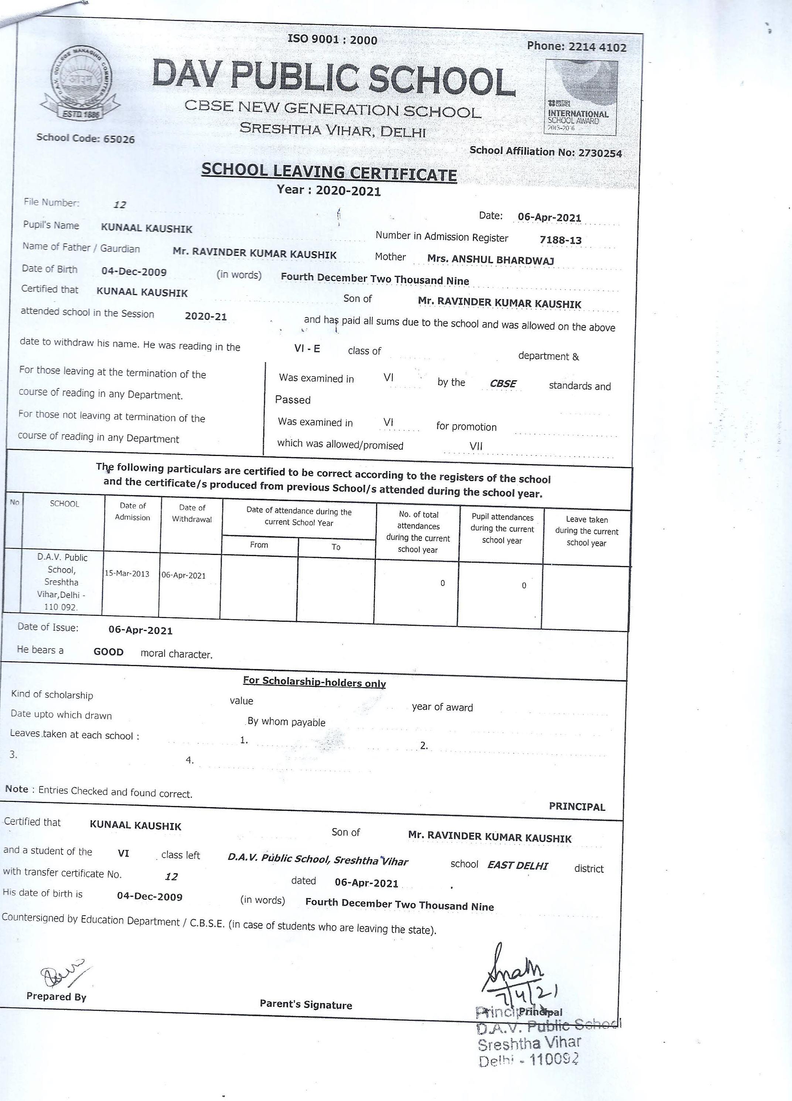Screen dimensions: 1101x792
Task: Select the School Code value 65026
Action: click(x=119, y=139)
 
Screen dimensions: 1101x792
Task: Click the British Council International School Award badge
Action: click(x=581, y=97)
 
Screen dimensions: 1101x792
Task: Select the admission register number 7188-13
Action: click(x=560, y=240)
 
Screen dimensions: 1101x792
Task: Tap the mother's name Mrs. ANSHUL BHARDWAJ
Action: click(x=491, y=259)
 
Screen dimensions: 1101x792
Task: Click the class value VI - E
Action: click(x=307, y=349)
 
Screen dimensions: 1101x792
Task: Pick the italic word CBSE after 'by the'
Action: click(x=503, y=384)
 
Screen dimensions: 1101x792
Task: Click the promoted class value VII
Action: click(x=476, y=446)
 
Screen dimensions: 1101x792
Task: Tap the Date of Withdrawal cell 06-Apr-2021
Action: click(x=184, y=575)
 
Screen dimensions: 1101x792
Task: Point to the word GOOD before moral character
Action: click(x=108, y=652)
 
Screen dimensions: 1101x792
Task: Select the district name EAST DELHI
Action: click(x=518, y=865)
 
